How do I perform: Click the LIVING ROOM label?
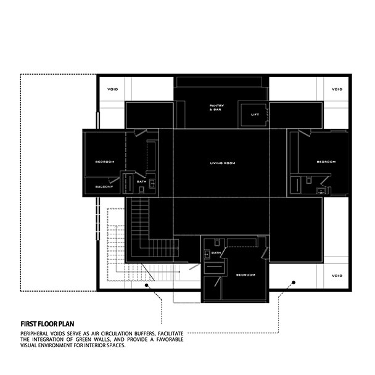pos(223,163)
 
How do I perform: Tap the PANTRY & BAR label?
pos(216,107)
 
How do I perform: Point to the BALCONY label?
pos(104,186)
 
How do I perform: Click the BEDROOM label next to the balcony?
pos(105,162)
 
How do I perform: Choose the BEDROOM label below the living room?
pos(245,274)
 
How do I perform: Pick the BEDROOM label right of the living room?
pos(326,162)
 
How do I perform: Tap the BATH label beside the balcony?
pos(141,181)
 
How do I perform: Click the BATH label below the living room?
pos(216,253)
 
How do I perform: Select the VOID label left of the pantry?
pos(112,89)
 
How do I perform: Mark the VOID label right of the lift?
pos(337,89)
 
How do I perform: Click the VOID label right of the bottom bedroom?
pos(337,276)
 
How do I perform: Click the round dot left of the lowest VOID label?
pos(294,283)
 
